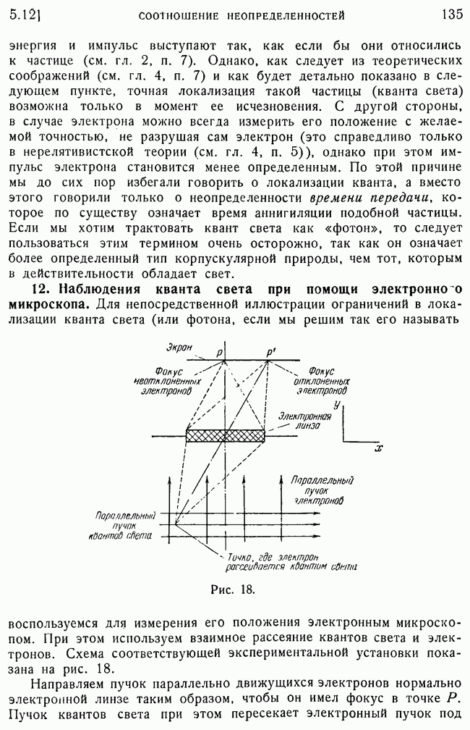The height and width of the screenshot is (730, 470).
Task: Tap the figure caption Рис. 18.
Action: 233,589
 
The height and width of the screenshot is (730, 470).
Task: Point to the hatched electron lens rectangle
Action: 226,436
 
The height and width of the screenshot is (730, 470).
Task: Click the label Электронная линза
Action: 304,421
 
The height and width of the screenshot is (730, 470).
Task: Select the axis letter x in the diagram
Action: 378,449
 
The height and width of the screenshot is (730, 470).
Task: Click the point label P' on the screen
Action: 270,353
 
